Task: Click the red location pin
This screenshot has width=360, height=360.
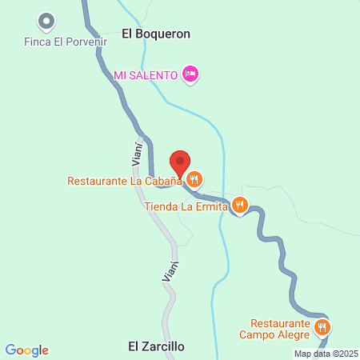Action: coord(181,163)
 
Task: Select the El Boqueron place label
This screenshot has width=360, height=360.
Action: coord(156,34)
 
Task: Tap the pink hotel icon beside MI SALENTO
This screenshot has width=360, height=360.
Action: coord(190,74)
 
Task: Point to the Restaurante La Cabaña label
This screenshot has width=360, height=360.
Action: coord(125,181)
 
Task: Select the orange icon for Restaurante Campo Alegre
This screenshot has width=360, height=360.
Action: coord(322,326)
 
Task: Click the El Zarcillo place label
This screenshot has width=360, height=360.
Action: coord(157,347)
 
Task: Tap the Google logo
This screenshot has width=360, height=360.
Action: coord(26,350)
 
